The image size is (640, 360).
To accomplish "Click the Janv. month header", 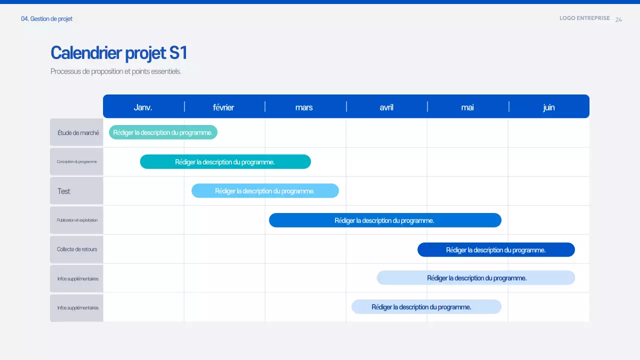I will [x=143, y=107].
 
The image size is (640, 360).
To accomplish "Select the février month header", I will [x=223, y=107].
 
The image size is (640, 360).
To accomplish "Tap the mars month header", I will [x=304, y=107].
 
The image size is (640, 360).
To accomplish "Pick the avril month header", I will [x=386, y=107].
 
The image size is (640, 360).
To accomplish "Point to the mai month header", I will [x=467, y=107].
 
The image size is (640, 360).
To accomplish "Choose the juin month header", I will [x=548, y=107].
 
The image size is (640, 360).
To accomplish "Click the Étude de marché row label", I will [x=78, y=133].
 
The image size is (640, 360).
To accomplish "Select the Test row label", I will [x=64, y=191].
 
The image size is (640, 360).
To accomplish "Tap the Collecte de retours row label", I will [x=77, y=249].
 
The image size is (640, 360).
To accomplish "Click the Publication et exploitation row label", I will [x=77, y=220].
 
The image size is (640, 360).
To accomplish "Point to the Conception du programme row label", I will [x=77, y=161].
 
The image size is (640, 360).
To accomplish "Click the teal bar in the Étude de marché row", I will [x=163, y=132].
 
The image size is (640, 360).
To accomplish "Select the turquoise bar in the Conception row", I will [x=225, y=162].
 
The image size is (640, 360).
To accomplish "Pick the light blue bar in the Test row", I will [x=265, y=191].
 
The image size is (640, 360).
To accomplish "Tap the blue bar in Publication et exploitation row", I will [x=384, y=220].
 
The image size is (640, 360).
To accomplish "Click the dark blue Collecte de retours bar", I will [x=495, y=250].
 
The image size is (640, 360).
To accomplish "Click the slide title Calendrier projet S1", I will [x=119, y=53].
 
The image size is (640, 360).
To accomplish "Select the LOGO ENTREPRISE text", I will [x=584, y=18].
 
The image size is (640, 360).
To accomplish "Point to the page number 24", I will [x=618, y=19].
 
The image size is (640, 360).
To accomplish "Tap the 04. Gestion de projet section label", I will [x=46, y=19].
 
